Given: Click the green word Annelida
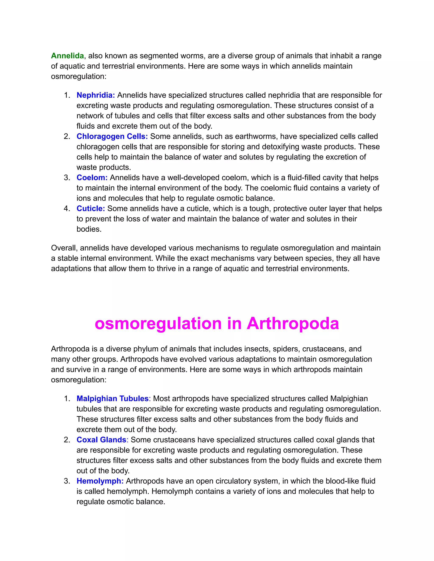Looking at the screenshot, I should [67, 56].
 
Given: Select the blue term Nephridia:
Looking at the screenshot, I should [96, 95].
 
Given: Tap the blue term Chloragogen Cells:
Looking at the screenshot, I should [112, 136].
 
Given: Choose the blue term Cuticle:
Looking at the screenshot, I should [91, 208].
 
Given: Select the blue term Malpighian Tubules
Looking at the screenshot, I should [113, 398].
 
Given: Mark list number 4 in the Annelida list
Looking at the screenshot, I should [67, 208].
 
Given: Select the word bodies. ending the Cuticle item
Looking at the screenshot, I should [89, 229].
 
